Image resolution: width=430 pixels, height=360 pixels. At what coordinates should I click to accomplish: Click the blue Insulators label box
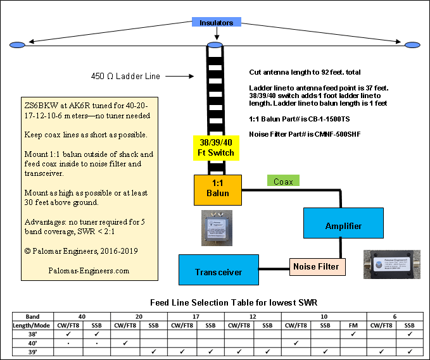[217, 23]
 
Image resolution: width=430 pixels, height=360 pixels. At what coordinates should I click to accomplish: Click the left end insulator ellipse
[18, 44]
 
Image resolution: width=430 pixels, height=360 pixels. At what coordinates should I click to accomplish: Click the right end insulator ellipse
[412, 45]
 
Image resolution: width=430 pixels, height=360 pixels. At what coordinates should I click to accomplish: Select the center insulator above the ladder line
[215, 45]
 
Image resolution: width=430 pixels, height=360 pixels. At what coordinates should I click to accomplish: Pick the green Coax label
[282, 181]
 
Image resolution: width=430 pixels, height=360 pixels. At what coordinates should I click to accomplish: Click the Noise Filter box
[319, 266]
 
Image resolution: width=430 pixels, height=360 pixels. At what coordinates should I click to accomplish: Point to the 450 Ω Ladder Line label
[125, 77]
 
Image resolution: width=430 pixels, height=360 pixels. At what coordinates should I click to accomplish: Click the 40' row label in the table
[33, 343]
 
